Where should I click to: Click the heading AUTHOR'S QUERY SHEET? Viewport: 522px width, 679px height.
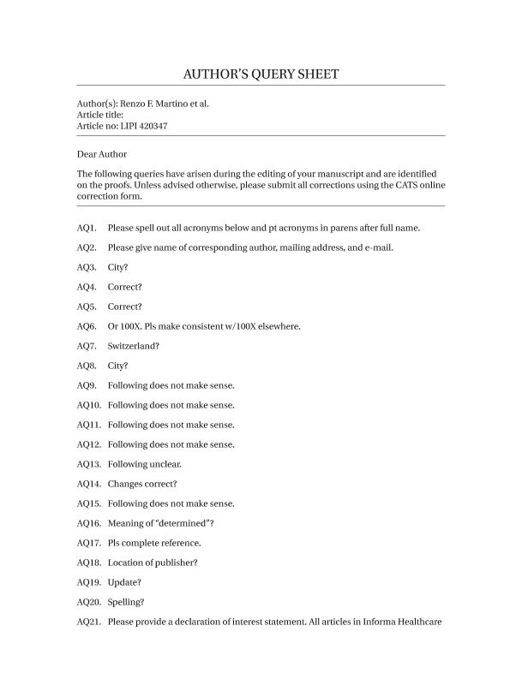coord(261,74)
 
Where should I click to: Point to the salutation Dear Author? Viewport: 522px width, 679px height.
coord(101,154)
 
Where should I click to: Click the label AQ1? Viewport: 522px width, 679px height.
coord(86,228)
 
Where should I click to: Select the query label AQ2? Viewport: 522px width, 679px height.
coord(86,247)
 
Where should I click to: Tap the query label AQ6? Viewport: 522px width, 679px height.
coord(86,326)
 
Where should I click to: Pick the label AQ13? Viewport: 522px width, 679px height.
coord(88,464)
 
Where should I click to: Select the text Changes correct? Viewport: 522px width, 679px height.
coord(141,484)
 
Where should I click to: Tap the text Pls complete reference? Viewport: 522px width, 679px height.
coord(154,543)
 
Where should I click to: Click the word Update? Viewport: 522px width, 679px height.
coord(125,582)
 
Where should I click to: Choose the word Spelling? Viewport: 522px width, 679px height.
coord(126,602)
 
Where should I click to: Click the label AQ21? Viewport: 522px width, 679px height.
coord(88,622)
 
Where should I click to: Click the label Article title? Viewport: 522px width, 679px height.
coord(100,114)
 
